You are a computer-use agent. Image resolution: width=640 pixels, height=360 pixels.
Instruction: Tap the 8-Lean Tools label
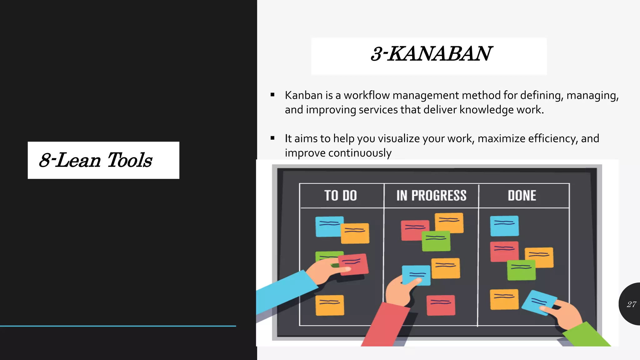(95, 160)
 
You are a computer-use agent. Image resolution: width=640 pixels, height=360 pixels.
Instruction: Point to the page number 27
(631, 304)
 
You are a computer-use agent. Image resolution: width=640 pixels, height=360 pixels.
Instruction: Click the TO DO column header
(341, 196)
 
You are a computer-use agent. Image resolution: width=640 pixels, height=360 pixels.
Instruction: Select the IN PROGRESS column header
(431, 196)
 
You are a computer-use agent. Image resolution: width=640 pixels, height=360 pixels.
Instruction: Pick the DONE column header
(522, 196)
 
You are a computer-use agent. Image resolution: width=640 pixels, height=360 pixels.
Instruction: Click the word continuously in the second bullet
(360, 153)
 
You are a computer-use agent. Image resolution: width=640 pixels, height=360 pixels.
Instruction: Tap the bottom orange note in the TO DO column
(330, 305)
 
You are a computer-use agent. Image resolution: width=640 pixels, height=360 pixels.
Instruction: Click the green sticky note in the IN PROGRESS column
(436, 241)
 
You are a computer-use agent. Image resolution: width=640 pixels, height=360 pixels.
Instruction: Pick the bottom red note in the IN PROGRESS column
(441, 305)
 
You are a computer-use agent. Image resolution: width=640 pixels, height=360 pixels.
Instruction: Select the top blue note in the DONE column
(504, 226)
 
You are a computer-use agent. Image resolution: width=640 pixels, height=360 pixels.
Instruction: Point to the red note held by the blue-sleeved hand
(354, 264)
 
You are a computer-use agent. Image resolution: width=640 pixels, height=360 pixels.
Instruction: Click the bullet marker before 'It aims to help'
(272, 138)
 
